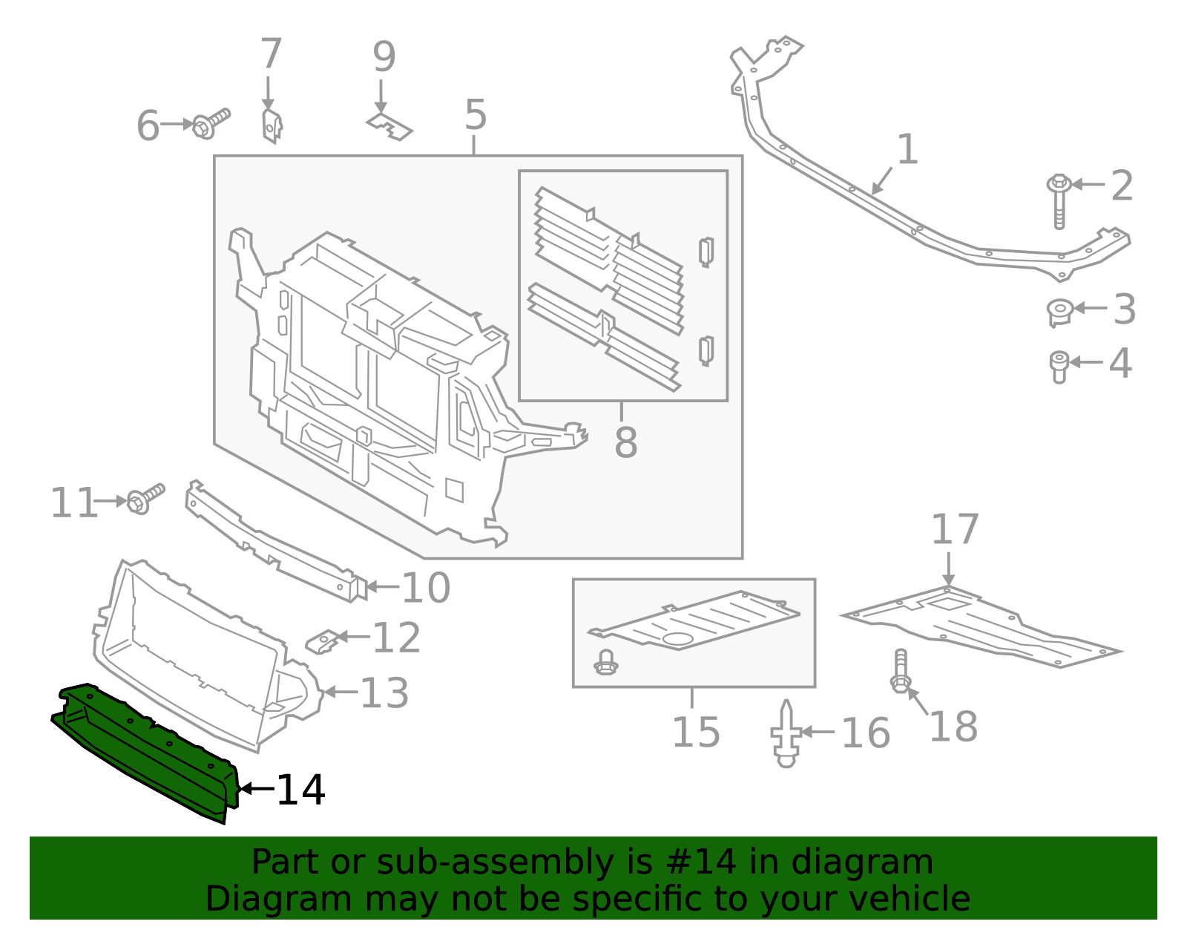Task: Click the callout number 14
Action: [x=300, y=790]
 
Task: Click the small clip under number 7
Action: [x=272, y=125]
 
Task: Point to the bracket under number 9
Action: [x=389, y=126]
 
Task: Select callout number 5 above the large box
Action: [x=476, y=116]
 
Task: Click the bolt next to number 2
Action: [x=1059, y=202]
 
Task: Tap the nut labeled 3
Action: [x=1059, y=311]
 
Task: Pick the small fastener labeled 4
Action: [x=1059, y=366]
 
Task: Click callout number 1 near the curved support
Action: [x=907, y=150]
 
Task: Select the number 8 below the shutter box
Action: [x=625, y=443]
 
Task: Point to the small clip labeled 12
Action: [x=324, y=641]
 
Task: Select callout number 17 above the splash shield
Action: [x=955, y=530]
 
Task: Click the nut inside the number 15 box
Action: [x=606, y=662]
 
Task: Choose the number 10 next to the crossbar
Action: [x=426, y=588]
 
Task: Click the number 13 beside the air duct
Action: [x=384, y=693]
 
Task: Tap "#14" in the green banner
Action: [x=702, y=862]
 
